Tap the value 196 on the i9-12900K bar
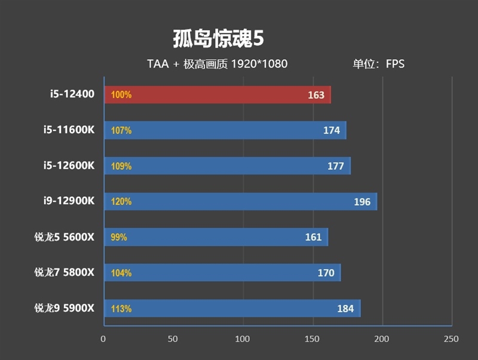[x=362, y=202]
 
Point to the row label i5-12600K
[x=69, y=166]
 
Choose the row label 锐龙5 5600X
[x=65, y=237]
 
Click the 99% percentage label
[x=119, y=237]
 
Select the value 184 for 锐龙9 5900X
[x=345, y=309]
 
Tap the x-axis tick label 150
[x=312, y=339]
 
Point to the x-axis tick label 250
[x=451, y=339]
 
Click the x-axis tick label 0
[x=103, y=339]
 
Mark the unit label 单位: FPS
[x=378, y=64]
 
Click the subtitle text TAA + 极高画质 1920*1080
[x=217, y=64]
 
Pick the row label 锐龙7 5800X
[x=65, y=273]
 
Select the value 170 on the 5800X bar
[x=326, y=273]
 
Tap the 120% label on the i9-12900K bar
[x=121, y=202]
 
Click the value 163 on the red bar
[x=316, y=95]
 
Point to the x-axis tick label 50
[x=173, y=339]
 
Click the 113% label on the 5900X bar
[x=121, y=309]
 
